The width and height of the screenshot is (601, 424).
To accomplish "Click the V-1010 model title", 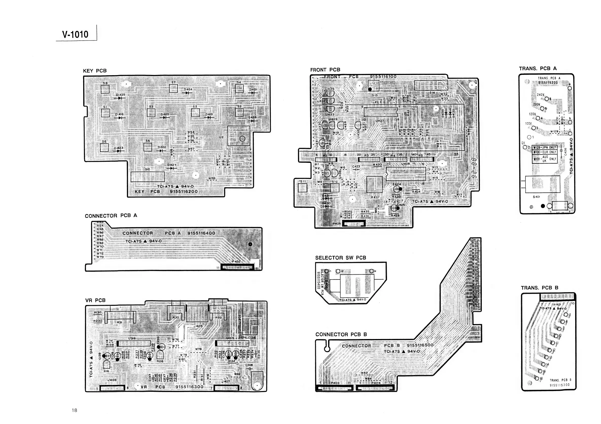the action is tap(75, 34).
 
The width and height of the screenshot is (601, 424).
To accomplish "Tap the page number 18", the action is tap(74, 410).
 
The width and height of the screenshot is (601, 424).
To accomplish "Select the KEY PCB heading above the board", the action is tap(95, 71).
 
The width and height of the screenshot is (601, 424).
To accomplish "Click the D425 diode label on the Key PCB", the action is tap(121, 95).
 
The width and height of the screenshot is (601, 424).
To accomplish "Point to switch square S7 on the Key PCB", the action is tap(173, 88).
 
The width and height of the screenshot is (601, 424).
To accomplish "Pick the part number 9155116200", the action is tap(184, 191).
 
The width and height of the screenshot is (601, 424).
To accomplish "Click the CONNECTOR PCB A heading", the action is tap(111, 216).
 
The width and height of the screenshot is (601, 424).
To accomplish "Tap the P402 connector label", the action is tap(236, 261).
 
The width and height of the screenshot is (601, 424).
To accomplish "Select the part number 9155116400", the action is tap(201, 233).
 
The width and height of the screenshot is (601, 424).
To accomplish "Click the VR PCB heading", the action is tap(95, 300).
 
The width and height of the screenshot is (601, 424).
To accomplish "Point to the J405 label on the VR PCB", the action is tap(198, 326).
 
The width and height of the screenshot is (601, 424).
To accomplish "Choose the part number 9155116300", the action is tap(189, 387).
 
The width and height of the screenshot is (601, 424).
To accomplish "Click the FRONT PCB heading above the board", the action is tap(325, 70).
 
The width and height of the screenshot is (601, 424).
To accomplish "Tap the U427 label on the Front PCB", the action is tap(380, 121).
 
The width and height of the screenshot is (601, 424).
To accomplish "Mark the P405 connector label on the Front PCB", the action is tap(337, 224).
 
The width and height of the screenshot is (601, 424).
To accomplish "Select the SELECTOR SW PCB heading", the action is tap(341, 258).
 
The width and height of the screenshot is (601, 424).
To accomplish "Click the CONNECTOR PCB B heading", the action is tap(341, 334).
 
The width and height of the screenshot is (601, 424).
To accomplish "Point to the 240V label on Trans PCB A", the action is tap(540, 95).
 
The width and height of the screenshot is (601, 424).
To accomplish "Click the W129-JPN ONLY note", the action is tap(544, 148).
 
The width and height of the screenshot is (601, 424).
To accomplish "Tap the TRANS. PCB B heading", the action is tap(539, 288).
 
